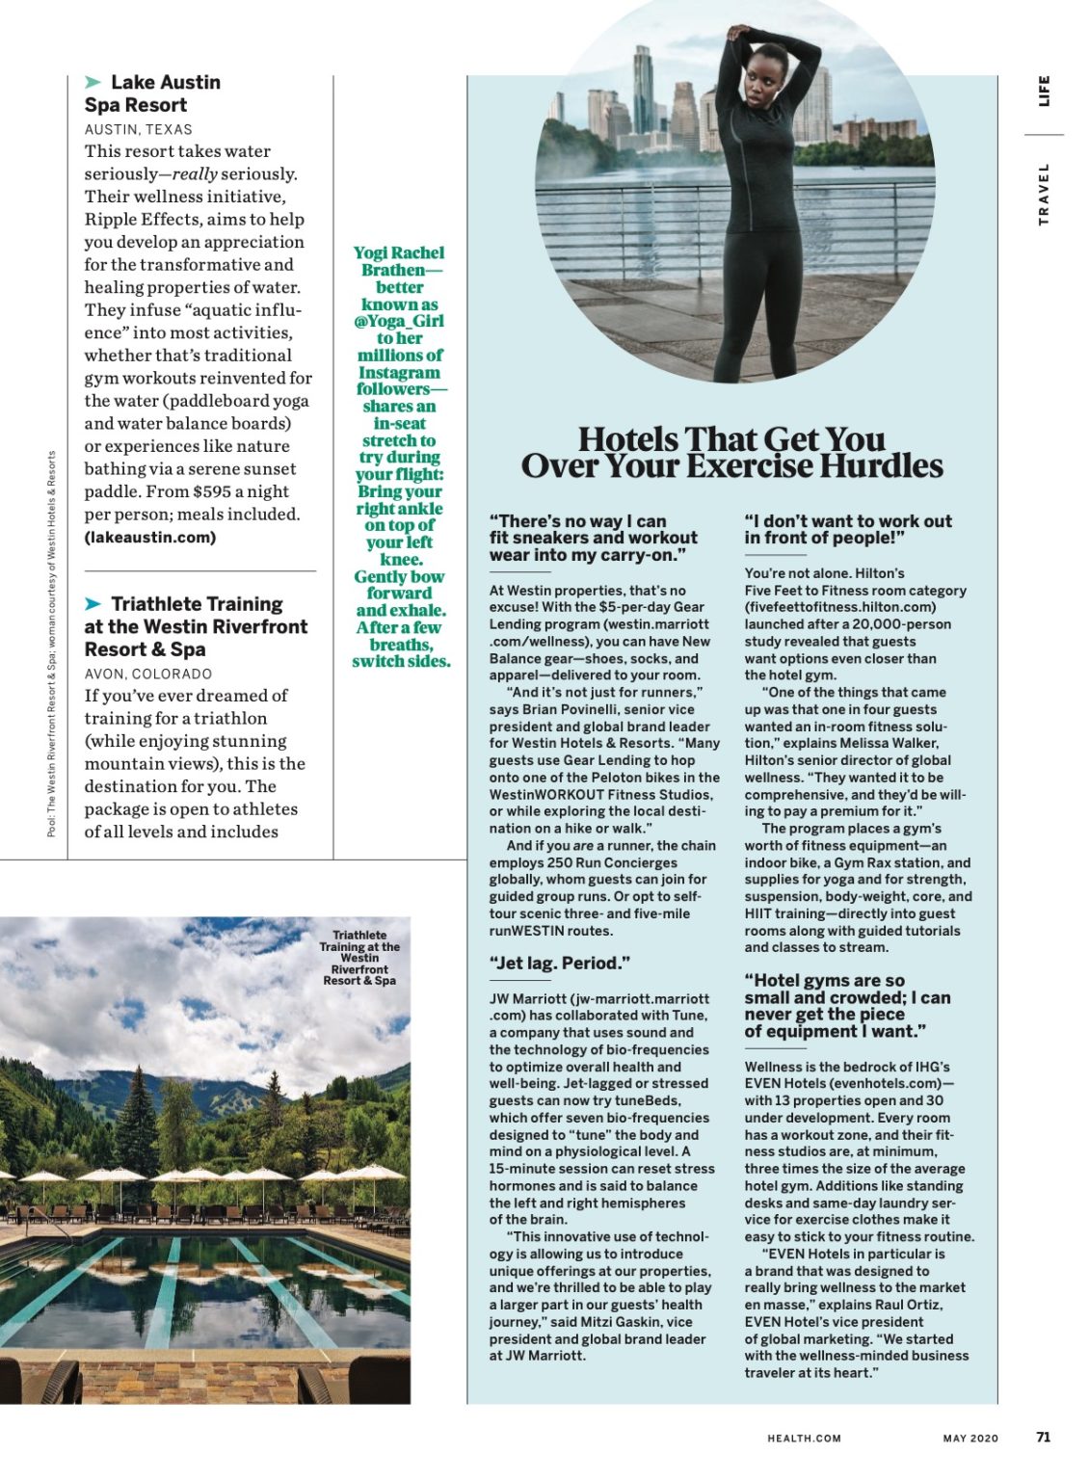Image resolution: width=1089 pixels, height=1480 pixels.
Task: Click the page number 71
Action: pos(1043,1437)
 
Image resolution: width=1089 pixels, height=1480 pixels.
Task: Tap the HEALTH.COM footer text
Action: pos(804,1438)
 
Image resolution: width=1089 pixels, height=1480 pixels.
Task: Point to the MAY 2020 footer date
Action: pos(970,1438)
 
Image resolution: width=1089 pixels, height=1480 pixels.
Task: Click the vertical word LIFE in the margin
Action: pos(1044,91)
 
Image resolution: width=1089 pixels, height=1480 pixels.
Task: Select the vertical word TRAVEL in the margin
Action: pos(1044,194)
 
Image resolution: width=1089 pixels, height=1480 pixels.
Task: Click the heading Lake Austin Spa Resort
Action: pos(152,93)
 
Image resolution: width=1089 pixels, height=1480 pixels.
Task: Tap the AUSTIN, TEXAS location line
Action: pos(138,129)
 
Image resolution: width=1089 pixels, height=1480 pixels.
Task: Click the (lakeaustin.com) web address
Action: pos(149,537)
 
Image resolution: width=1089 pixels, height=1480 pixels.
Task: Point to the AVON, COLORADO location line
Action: pos(147,674)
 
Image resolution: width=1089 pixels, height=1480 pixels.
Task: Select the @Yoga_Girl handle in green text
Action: pos(399,321)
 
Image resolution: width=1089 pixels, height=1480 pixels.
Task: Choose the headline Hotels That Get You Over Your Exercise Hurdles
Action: pos(731,452)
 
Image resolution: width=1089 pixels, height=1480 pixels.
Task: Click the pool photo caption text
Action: pos(359,957)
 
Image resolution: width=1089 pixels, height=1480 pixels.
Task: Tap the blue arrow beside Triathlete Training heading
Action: pos(93,604)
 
